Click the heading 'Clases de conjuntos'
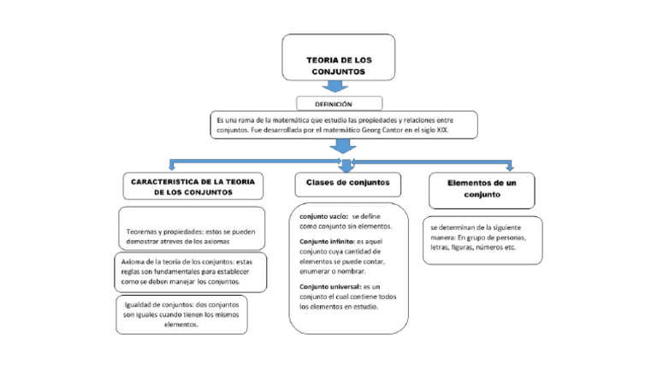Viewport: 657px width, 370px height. click(x=348, y=183)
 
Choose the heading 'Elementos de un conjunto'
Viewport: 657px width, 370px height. click(x=482, y=189)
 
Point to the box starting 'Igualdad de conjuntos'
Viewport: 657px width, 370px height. click(x=181, y=314)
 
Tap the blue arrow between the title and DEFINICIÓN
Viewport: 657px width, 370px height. click(x=339, y=86)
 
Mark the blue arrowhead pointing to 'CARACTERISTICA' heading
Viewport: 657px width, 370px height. click(x=171, y=165)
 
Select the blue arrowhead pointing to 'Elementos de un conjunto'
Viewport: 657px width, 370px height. click(x=510, y=166)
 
